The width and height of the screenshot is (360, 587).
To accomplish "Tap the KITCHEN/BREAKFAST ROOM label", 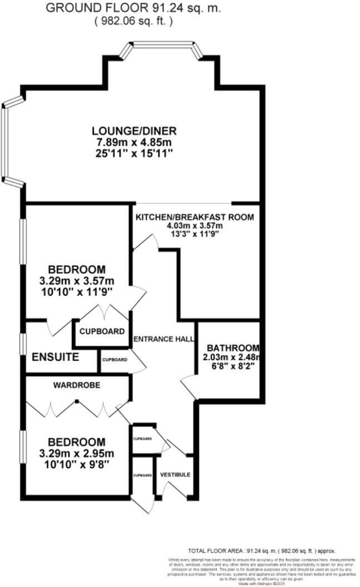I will [x=194, y=217].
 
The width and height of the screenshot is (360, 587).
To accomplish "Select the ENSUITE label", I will [x=55, y=357].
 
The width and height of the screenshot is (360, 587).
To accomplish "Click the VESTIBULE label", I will [x=175, y=475].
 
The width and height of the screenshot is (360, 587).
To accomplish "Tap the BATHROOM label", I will [x=229, y=347].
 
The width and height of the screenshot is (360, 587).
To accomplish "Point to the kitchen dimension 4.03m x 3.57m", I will [x=194, y=226].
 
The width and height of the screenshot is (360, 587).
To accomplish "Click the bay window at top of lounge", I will [x=161, y=44].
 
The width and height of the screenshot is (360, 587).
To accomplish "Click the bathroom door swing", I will [x=189, y=386].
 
